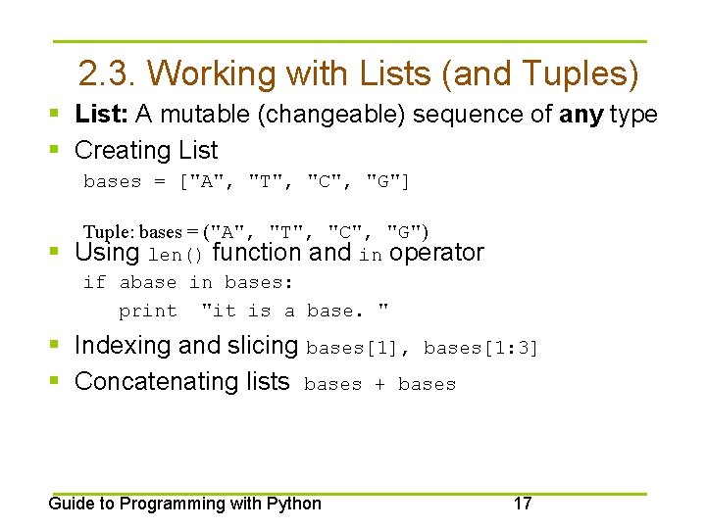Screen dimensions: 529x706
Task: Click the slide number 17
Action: coord(523,504)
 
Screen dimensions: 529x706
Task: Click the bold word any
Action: coord(581,115)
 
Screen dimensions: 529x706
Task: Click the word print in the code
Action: coord(148,312)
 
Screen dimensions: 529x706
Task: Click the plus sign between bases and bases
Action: coord(379,385)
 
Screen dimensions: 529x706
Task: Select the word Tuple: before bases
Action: coord(109,232)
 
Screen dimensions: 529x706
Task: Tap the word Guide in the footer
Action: coord(70,504)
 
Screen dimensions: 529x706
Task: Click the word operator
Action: coord(436,253)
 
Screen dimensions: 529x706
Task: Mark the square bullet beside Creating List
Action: coord(61,150)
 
